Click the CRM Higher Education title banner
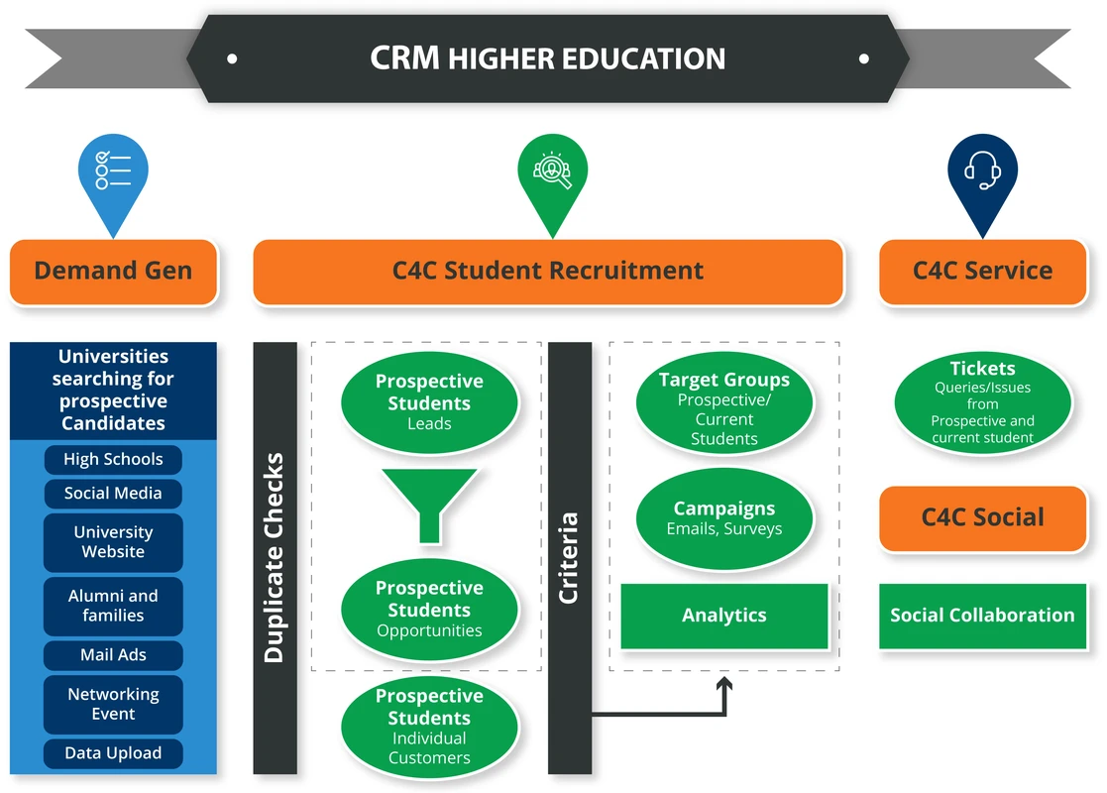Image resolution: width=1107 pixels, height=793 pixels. [547, 58]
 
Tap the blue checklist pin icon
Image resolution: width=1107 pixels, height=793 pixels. [113, 173]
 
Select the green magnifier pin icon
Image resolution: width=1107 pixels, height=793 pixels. [552, 173]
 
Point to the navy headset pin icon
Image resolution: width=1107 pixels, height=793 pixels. [982, 173]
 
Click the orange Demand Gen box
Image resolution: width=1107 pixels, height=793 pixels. [113, 271]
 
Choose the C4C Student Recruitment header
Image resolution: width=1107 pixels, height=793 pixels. [548, 271]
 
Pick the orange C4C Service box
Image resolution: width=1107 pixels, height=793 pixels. [982, 271]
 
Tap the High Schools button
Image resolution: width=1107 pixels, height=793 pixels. [113, 459]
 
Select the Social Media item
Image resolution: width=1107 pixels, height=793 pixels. [113, 494]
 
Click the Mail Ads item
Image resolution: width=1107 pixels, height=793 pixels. [113, 655]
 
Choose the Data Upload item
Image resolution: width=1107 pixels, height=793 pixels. [113, 753]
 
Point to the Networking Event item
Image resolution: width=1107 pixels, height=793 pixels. [113, 704]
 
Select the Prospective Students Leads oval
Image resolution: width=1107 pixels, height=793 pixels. [429, 401]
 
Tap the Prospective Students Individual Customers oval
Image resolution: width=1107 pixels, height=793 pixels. [429, 727]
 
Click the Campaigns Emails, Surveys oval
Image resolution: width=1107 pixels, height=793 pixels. [724, 517]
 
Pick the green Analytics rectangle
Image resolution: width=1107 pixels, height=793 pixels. [724, 616]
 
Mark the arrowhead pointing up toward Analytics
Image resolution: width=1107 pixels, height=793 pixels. [724, 684]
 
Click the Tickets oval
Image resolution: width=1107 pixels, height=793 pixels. [982, 401]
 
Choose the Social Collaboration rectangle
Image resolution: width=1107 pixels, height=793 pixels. [982, 616]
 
